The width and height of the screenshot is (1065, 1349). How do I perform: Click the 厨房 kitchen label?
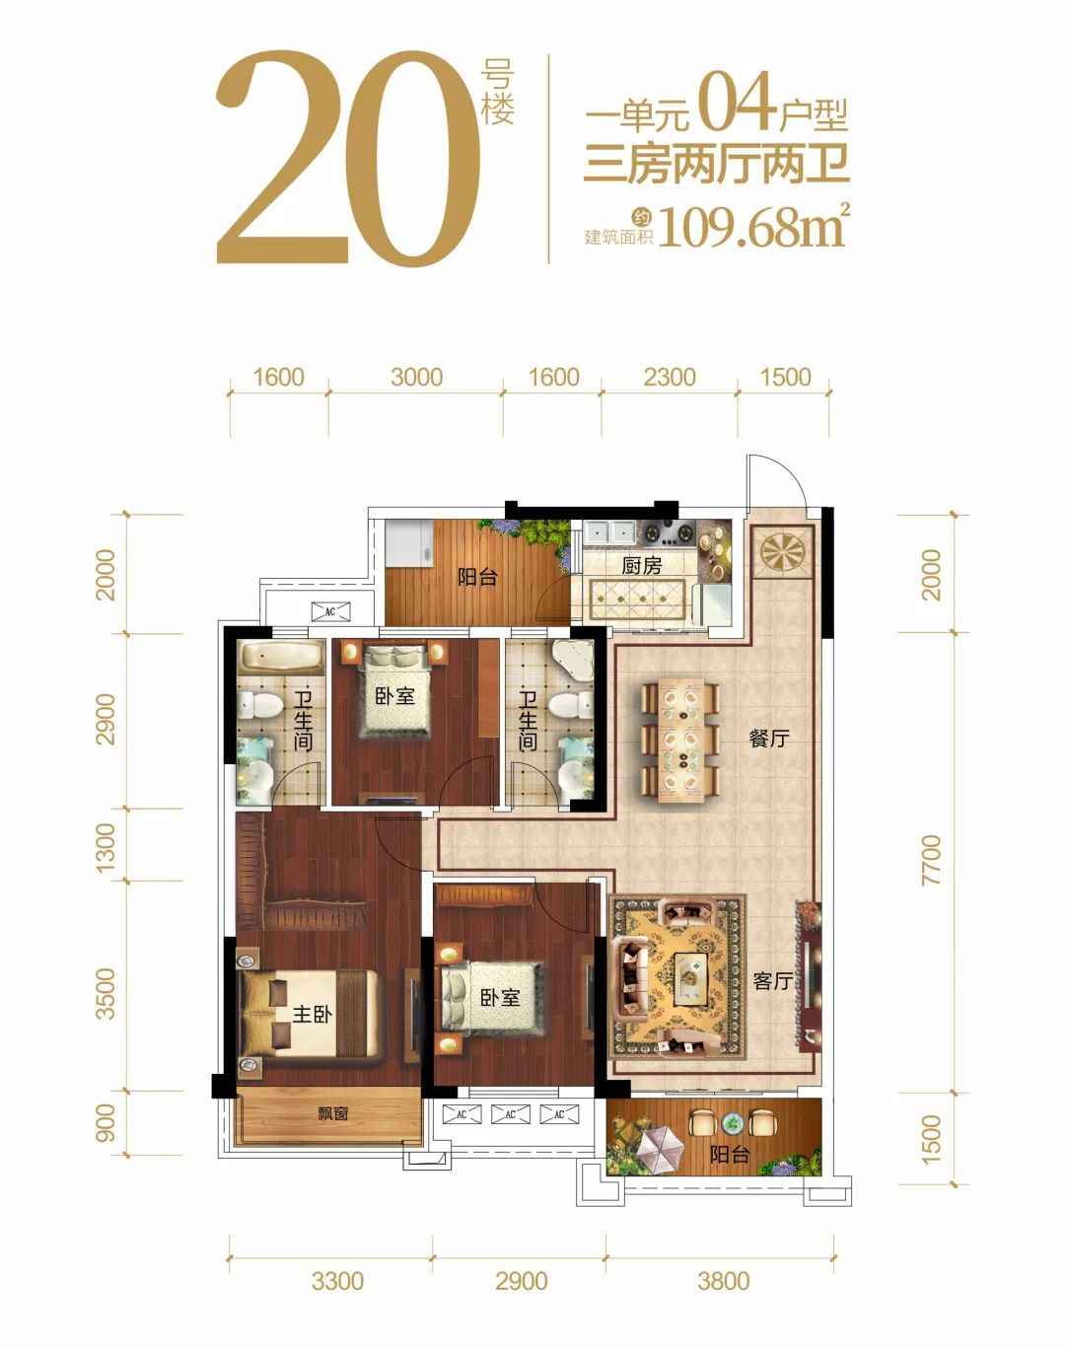click(x=642, y=565)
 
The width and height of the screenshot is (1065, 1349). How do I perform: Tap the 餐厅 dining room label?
click(x=768, y=739)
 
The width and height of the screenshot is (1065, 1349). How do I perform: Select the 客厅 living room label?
click(x=773, y=981)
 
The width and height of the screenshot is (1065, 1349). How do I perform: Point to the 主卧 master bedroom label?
click(x=313, y=1015)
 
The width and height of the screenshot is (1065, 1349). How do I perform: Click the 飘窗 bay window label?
click(x=333, y=1114)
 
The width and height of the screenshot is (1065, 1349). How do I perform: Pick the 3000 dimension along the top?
click(x=416, y=378)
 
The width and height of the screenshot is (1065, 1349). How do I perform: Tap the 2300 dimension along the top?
click(x=670, y=378)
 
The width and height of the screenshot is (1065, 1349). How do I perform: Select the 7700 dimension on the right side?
click(x=932, y=860)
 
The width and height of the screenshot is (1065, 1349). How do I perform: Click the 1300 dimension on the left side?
click(x=106, y=847)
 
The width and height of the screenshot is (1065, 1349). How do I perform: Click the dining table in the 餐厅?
click(x=680, y=739)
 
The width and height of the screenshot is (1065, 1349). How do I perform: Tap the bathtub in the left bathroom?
click(x=280, y=657)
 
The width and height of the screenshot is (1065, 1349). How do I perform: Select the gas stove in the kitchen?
click(x=669, y=533)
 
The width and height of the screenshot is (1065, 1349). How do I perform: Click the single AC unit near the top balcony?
click(x=330, y=611)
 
